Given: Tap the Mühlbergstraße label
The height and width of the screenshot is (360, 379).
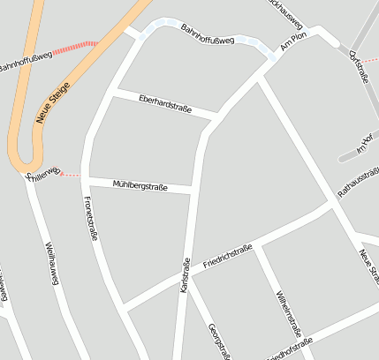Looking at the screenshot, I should [140, 184].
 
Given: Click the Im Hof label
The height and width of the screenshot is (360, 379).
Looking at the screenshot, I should [365, 146].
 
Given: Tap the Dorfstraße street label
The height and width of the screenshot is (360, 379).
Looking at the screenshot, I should [359, 67].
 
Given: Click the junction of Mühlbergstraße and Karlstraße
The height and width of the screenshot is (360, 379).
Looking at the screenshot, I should [193, 189].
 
